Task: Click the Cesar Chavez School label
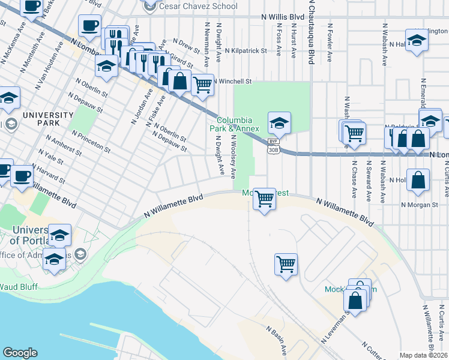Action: click(x=198, y=6)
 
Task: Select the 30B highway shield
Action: click(x=274, y=151)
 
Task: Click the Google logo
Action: click(x=20, y=353)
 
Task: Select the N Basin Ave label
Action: click(x=276, y=340)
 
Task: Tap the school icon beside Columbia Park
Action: click(x=279, y=123)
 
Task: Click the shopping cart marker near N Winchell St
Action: click(x=203, y=85)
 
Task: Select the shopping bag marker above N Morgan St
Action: click(x=418, y=180)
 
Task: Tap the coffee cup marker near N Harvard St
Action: click(x=23, y=176)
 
